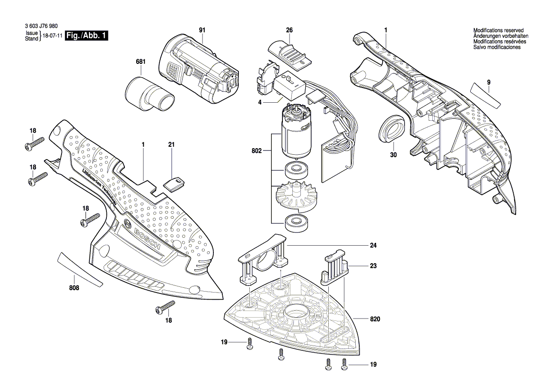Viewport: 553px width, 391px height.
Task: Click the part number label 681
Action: (141, 62)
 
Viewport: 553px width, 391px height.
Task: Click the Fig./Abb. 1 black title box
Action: (87, 36)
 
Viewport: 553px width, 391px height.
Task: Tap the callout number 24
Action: (374, 246)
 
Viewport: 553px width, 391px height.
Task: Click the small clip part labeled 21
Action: (175, 183)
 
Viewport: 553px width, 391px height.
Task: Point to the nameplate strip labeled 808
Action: (79, 269)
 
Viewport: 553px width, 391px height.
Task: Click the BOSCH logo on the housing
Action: (147, 240)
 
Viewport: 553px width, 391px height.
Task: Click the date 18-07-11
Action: (53, 36)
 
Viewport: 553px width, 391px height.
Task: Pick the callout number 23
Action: (374, 267)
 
